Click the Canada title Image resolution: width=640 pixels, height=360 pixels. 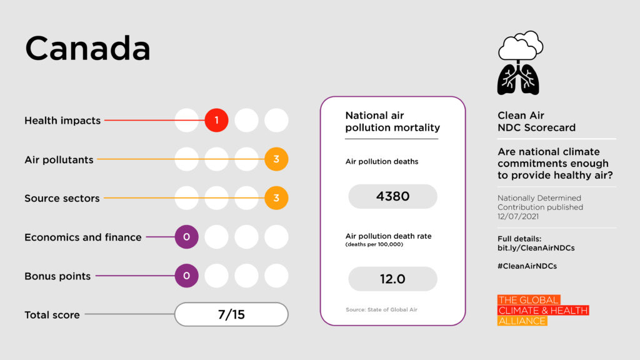coord(87,47)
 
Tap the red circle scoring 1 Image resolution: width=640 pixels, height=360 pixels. coord(216,120)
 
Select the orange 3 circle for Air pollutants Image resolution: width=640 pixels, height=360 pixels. coord(276,159)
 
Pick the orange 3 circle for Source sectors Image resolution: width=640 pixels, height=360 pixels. coord(276,198)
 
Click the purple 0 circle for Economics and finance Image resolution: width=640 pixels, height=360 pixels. coord(186,237)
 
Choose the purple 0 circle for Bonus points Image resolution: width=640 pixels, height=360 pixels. coord(186,276)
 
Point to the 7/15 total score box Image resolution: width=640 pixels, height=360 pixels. coord(231,314)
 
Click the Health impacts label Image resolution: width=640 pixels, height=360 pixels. coord(62,121)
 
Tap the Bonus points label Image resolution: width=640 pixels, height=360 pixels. coord(57,276)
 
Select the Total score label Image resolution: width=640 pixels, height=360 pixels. coord(52,315)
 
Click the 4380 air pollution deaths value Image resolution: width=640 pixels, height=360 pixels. coord(392,196)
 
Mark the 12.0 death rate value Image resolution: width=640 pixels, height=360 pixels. coord(392,279)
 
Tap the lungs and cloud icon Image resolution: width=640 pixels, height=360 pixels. coord(519,63)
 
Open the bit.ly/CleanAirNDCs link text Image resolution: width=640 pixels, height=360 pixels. coord(536,248)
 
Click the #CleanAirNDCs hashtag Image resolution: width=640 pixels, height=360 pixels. coord(527,266)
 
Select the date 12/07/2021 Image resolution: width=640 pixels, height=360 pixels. coord(517,216)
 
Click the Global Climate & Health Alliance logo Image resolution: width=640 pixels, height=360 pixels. coord(542,311)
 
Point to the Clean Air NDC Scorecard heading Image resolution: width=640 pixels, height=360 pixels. coord(536,121)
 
